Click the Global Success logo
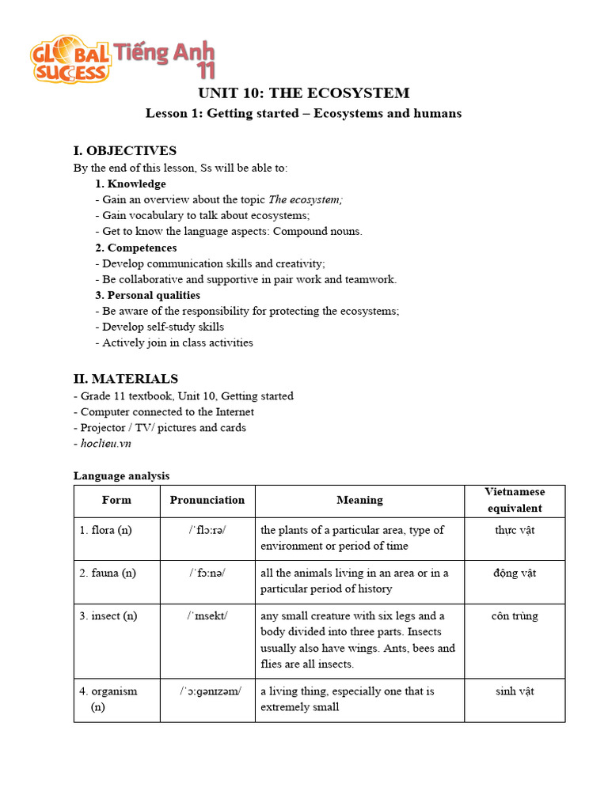tap(70, 59)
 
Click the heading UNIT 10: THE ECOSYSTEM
tap(303, 93)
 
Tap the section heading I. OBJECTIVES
tap(125, 150)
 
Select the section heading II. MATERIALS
tap(126, 379)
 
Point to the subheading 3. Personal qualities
tap(148, 295)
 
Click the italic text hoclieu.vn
tap(105, 444)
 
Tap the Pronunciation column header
tap(207, 500)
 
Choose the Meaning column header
tap(359, 500)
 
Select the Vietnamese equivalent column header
tap(515, 500)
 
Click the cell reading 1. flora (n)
tap(105, 530)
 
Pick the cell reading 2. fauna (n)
tap(108, 573)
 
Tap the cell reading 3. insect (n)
tap(108, 615)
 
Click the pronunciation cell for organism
tap(207, 691)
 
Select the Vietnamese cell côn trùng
tap(515, 615)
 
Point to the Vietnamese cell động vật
tap(515, 573)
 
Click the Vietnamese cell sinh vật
tap(515, 691)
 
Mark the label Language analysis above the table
tap(121, 475)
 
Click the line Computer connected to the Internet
tap(167, 411)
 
